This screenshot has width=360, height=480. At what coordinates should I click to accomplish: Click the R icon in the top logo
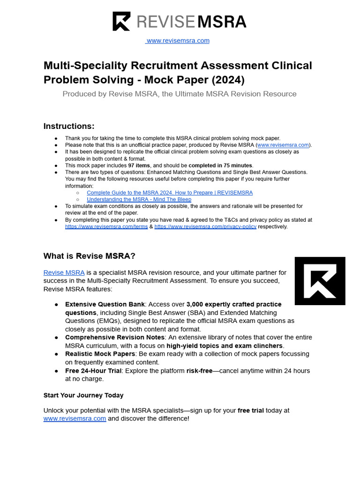[121, 22]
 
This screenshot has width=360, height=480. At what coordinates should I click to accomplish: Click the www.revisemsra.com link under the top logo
[178, 41]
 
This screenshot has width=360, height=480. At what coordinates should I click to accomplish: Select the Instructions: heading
[69, 126]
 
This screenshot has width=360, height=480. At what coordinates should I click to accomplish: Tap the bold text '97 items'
[140, 165]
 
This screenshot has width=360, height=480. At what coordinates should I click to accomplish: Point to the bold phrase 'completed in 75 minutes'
[220, 165]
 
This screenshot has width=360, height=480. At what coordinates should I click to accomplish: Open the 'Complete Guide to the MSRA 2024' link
[170, 193]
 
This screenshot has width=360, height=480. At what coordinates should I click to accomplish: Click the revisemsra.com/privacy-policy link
[205, 227]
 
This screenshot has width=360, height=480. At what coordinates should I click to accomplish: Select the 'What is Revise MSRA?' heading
[89, 256]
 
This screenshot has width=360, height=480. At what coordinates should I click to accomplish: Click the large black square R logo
[320, 281]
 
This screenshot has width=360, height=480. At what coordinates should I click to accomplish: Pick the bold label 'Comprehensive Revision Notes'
[114, 337]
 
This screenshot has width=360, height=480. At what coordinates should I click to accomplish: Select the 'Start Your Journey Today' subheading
[83, 395]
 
